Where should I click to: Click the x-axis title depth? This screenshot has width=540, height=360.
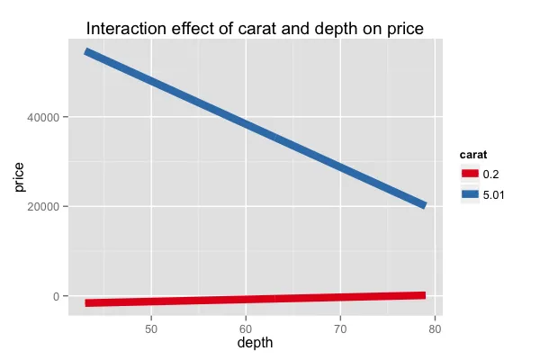coord(255,343)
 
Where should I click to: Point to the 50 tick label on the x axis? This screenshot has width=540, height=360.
coord(152,327)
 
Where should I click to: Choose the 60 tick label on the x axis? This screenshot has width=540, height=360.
coord(247,327)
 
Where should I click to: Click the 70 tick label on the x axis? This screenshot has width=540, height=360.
coord(340,327)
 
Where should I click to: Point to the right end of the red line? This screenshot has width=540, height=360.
coord(423,295)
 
